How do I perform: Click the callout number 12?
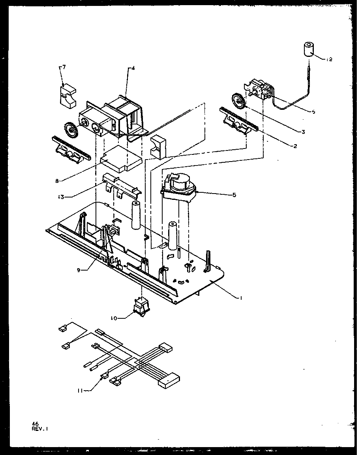(330, 60)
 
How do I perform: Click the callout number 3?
(303, 132)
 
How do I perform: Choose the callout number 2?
(294, 146)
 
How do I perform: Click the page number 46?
(35, 423)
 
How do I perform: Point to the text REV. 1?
(41, 428)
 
